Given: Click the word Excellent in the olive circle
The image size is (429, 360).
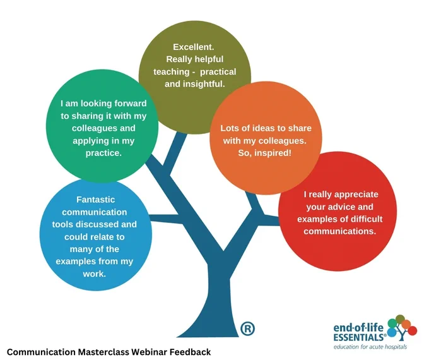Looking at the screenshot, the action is tap(193, 47).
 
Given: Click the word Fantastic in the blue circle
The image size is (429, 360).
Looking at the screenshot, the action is tap(95, 200).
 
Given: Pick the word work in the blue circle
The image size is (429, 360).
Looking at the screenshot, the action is tap(94, 273).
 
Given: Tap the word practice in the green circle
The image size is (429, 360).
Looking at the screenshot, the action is tap(103, 153).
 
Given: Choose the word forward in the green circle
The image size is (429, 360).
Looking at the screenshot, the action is tap(130, 104).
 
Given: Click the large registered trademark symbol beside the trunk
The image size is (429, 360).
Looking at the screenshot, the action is tap(247, 328).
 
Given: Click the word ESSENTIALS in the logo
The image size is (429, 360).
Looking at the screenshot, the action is tap(359, 337).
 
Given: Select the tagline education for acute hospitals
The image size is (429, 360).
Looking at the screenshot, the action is tap(370, 347).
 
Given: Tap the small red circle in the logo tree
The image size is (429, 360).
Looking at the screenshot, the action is tap(413, 330).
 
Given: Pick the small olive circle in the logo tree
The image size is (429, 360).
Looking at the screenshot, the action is tap(400, 319).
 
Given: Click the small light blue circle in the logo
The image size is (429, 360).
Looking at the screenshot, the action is tap(392, 332).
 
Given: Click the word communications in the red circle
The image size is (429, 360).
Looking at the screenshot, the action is tap(340, 231).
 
